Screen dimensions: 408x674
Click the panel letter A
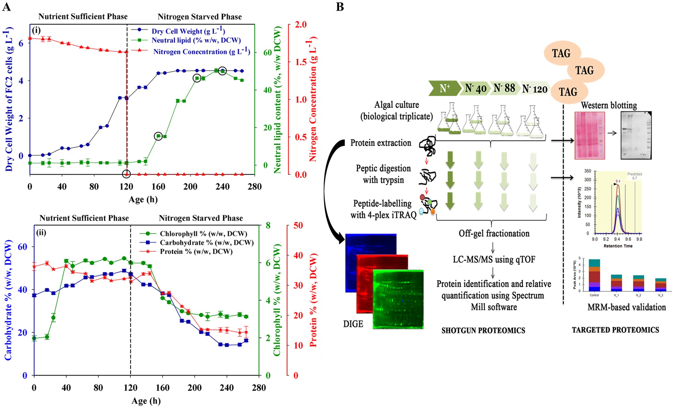pos(6,6)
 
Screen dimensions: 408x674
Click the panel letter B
pos(340,6)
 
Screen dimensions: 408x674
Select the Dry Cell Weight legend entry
pos(188,31)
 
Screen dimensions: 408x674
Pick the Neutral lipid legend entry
pos(196,40)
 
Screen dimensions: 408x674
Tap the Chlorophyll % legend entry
pos(203,234)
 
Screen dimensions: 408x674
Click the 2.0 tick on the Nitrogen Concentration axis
pos(301,25)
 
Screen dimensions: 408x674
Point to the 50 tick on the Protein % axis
pos(298,225)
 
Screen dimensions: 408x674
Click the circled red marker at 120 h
pos(126,174)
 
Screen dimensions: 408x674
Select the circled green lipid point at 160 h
pos(158,136)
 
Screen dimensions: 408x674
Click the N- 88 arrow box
pos(504,88)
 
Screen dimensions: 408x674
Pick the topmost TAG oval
pos(561,53)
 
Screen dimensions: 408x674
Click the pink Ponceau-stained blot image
pos(590,135)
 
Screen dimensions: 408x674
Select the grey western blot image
pos(636,135)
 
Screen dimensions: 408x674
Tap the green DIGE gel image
pos(398,299)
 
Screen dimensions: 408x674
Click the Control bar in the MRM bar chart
pos(594,275)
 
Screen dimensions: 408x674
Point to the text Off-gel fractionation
pos(494,233)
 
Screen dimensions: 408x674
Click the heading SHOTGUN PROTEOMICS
pos(483,331)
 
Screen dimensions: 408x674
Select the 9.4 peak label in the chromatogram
pos(618,181)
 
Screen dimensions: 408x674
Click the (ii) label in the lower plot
pos(41,232)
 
